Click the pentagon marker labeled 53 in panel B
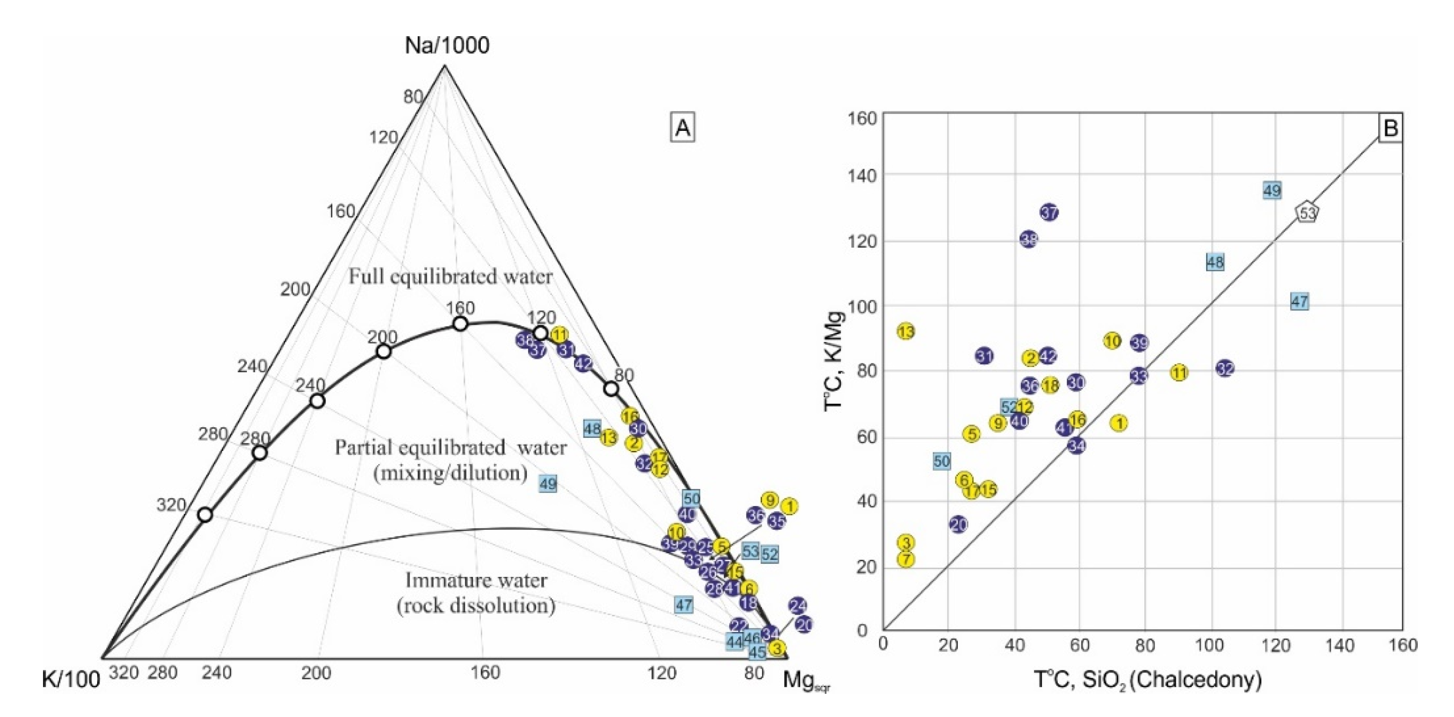point(1307,213)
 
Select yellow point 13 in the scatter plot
point(906,332)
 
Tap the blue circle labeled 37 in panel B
point(1049,212)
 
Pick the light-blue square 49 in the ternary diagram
point(547,483)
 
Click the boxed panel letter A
point(682,128)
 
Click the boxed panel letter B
point(1390,128)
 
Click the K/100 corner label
point(71,679)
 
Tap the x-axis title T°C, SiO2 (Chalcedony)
point(1147,680)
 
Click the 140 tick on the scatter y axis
point(862,176)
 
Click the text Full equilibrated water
point(450,277)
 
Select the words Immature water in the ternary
point(476,580)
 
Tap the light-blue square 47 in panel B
point(1299,301)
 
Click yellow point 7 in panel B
point(906,560)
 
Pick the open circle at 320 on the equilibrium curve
point(205,515)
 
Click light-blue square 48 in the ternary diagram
point(591,429)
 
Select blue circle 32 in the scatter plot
point(1224,368)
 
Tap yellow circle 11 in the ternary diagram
point(559,335)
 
